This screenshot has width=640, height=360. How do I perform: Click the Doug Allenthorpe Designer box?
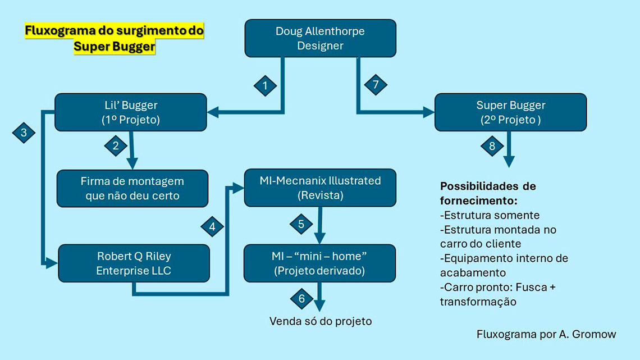pyautogui.click(x=320, y=38)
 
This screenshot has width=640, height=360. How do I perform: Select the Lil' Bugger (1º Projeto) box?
pyautogui.click(x=130, y=112)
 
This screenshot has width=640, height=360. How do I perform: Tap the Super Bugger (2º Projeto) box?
pyautogui.click(x=510, y=112)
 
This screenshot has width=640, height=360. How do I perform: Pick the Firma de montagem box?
pyautogui.click(x=132, y=189)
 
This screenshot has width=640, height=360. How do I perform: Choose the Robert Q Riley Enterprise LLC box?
pyautogui.click(x=134, y=263)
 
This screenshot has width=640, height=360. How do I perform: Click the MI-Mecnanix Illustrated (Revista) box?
pyautogui.click(x=320, y=188)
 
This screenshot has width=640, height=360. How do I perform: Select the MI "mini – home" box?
pyautogui.click(x=319, y=263)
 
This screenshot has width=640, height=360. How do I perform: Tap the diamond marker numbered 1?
pyautogui.click(x=265, y=86)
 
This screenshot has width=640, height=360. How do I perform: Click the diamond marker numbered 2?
pyautogui.click(x=116, y=145)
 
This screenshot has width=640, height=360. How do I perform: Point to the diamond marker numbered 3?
pyautogui.click(x=24, y=133)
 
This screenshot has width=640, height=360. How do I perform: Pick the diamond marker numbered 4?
pyautogui.click(x=212, y=227)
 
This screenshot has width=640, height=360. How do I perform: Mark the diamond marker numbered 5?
pyautogui.click(x=301, y=224)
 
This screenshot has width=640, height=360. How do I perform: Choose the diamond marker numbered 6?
pyautogui.click(x=301, y=298)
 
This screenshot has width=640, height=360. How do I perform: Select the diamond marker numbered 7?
pyautogui.click(x=376, y=85)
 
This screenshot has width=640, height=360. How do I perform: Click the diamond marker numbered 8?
pyautogui.click(x=492, y=145)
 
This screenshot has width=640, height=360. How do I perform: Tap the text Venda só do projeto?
pyautogui.click(x=321, y=321)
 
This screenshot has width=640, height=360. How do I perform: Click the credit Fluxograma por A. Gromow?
pyautogui.click(x=546, y=334)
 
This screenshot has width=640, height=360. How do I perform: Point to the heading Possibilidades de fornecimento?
pyautogui.click(x=487, y=193)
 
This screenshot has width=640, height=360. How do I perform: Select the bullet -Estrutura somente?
pyautogui.click(x=490, y=215)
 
